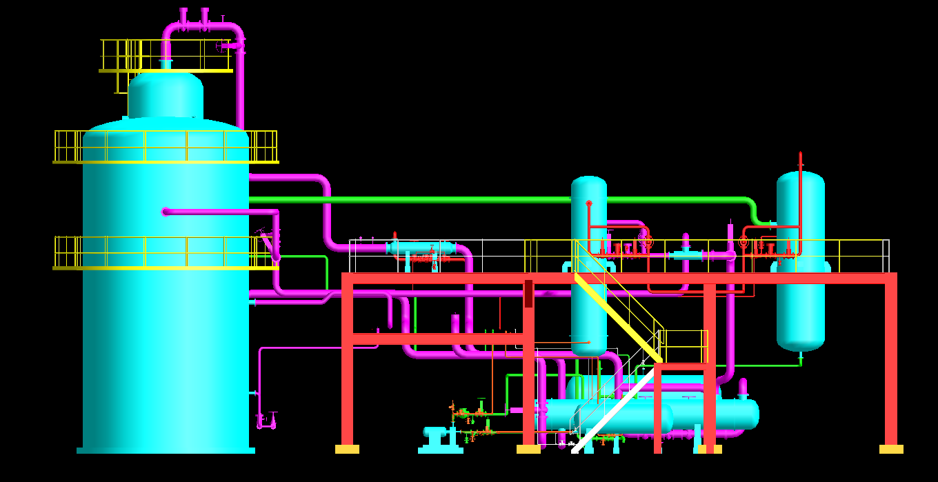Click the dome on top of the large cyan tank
click(x=166, y=95)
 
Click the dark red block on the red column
click(x=528, y=293)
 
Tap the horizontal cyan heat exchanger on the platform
click(x=420, y=248)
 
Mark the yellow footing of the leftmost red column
click(x=347, y=449)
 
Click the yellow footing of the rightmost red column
click(x=891, y=449)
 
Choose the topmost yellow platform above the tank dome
click(x=166, y=70)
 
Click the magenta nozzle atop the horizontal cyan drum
click(x=743, y=388)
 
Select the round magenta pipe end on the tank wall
click(x=166, y=212)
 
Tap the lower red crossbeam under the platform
click(x=438, y=339)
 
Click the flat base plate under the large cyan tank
click(x=166, y=450)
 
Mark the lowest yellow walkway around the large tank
click(x=166, y=267)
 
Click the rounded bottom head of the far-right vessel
click(x=800, y=341)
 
